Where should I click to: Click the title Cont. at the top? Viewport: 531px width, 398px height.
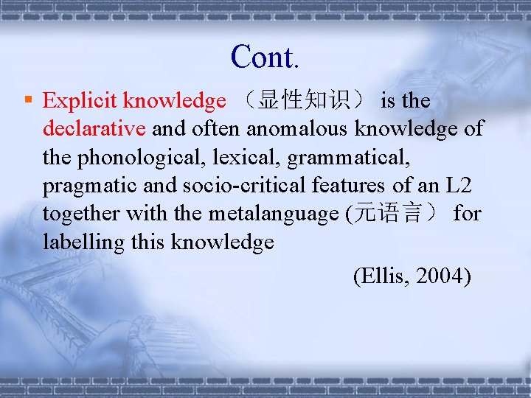[265, 57]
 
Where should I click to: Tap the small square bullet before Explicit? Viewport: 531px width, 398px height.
[27, 99]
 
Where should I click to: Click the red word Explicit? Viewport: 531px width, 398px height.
[81, 100]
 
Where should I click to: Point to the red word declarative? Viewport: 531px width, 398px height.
[94, 128]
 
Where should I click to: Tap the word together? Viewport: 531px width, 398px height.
[82, 214]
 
